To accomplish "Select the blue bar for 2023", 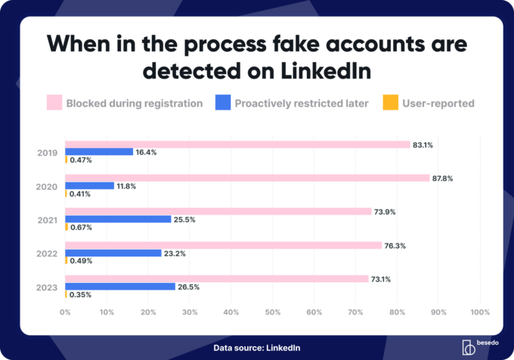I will [x=120, y=287].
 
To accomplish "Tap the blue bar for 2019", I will [x=99, y=152].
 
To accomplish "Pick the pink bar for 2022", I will [x=223, y=245].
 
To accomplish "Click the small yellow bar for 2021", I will [x=67, y=227].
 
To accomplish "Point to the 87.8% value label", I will [x=442, y=178].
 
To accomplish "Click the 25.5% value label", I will [x=185, y=219].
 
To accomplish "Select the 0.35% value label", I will [x=80, y=294].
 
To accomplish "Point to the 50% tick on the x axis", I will [x=273, y=312].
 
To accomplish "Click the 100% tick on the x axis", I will [x=480, y=312].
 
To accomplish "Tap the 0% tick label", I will [x=65, y=312].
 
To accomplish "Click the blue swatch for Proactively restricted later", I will [x=224, y=103].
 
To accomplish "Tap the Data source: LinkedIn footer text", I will [x=256, y=347].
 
